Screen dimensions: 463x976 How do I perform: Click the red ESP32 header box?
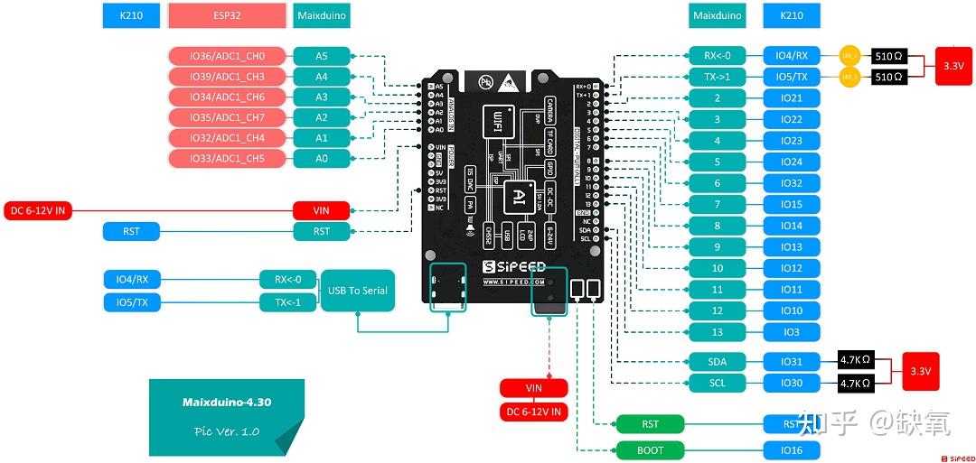[227, 15]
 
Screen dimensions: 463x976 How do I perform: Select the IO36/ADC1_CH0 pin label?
[227, 56]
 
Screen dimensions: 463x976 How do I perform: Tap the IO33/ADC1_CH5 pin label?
[227, 159]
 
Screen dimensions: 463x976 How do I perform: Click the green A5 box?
[321, 56]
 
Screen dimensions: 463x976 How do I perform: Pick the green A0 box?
[321, 159]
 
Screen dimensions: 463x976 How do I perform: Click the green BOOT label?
[650, 450]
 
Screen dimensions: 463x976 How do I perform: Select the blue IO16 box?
[791, 450]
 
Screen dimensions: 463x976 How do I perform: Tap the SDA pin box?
[717, 362]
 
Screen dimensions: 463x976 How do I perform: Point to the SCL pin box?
[717, 383]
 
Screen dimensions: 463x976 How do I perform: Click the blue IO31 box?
[791, 362]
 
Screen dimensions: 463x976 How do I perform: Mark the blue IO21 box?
[791, 98]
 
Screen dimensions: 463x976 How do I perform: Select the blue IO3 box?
[791, 332]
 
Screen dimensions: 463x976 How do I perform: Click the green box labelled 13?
[717, 332]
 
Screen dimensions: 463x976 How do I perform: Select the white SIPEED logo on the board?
[515, 267]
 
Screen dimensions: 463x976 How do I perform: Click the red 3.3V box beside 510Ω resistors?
[953, 66]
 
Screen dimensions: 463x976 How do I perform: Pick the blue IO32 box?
[791, 183]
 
